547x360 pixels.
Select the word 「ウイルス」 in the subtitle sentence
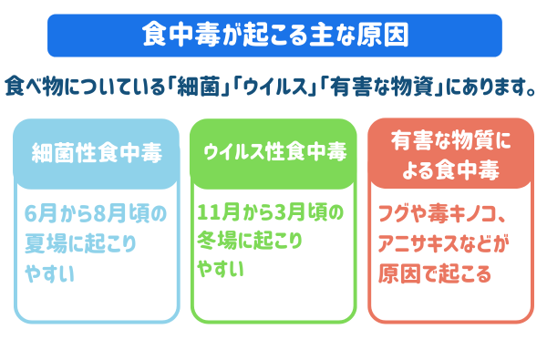coord(279,89)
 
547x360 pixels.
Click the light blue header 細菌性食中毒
coord(97,152)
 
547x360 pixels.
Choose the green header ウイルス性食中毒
coord(273,152)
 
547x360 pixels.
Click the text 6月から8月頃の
coord(97,216)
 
